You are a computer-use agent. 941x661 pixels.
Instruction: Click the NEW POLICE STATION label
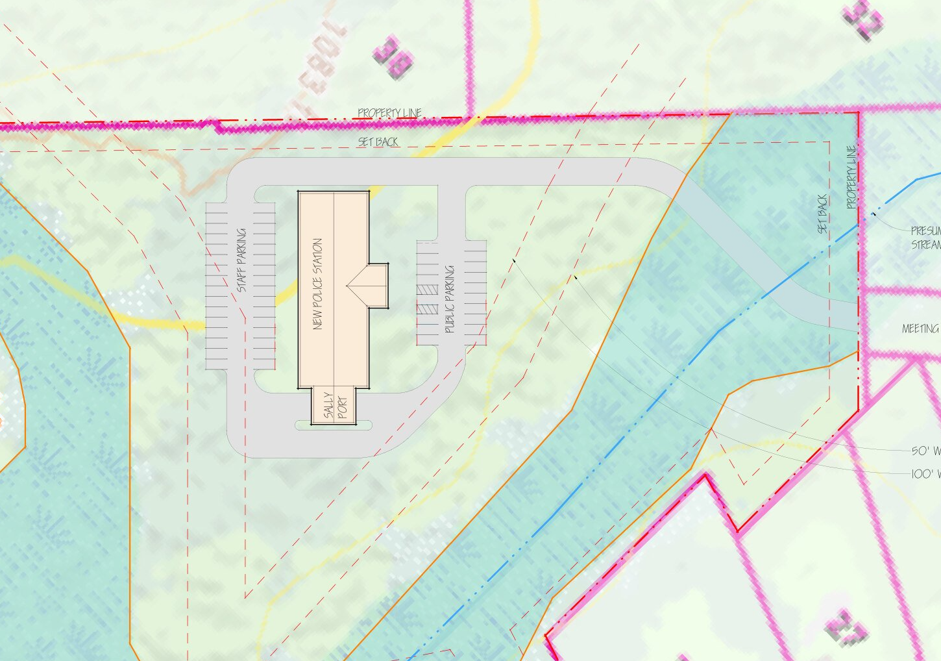tap(317, 284)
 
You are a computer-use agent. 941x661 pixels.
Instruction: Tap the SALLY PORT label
tap(336, 405)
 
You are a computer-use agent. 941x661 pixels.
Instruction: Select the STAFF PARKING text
tap(241, 260)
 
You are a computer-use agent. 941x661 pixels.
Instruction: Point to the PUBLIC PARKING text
tap(450, 299)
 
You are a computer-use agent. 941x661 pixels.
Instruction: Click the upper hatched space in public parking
tap(427, 289)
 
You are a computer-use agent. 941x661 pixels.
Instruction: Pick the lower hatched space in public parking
tap(427, 309)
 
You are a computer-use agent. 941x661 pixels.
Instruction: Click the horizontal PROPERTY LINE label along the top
tap(389, 113)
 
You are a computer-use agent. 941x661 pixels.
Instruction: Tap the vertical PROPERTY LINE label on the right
tap(851, 177)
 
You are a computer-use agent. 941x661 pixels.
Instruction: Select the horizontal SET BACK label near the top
tap(378, 142)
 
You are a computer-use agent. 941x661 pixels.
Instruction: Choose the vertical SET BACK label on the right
tap(822, 214)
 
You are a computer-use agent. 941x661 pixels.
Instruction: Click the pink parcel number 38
tap(393, 58)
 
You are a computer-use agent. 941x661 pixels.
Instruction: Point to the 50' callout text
tap(925, 451)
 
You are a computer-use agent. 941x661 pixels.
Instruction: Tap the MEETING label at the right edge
tap(920, 329)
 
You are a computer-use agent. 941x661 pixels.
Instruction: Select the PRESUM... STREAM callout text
tap(925, 238)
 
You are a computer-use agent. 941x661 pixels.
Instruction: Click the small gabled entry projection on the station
tap(373, 285)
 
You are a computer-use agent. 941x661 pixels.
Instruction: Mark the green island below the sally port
tap(334, 426)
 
